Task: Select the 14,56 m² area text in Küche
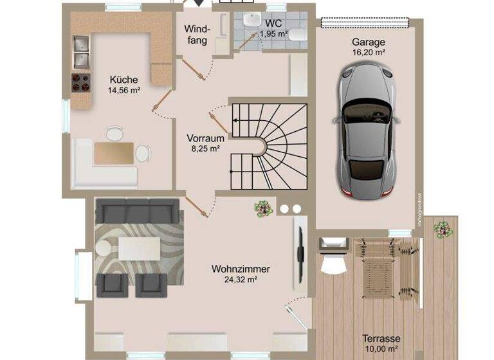coord(123,91)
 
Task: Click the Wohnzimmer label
coord(241,269)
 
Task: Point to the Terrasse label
coord(381,339)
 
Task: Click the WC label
coord(273,23)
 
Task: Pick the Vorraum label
coord(205,138)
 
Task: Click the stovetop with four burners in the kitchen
coord(80,82)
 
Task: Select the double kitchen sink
coord(81,53)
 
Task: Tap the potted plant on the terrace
coord(443,229)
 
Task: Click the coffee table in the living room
coord(139,248)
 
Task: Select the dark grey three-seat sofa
coord(137,210)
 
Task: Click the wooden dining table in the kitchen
coord(114,153)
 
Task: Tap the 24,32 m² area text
coord(241,280)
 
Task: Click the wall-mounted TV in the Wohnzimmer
coord(300,248)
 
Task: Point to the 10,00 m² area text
coord(381,349)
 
